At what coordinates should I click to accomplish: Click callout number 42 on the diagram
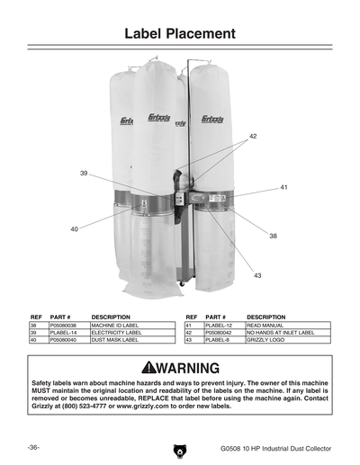coord(253,136)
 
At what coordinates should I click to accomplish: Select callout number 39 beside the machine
coord(84,173)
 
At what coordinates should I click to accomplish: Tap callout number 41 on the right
coord(283,187)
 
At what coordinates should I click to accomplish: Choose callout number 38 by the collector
coord(273,235)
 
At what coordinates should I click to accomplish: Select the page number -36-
coord(33,446)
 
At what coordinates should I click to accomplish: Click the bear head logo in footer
coord(180,449)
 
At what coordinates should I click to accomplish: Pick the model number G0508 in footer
coord(230,447)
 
